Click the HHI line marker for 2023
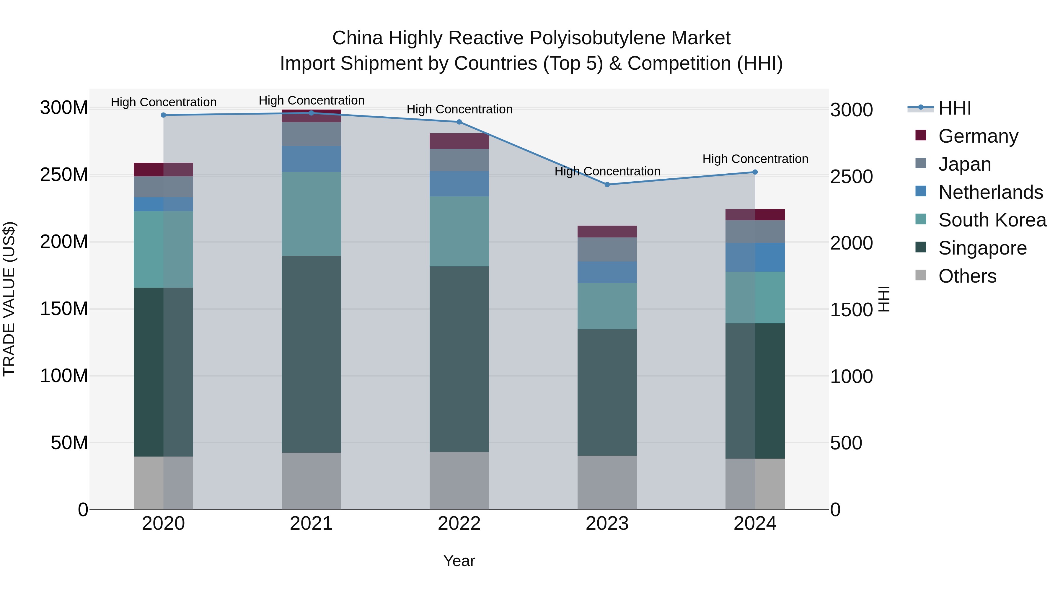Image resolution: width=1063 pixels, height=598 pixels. click(607, 185)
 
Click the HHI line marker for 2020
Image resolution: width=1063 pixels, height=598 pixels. click(163, 115)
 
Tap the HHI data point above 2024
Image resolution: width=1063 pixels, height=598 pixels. click(755, 172)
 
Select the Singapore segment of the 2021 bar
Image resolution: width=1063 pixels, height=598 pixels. click(311, 354)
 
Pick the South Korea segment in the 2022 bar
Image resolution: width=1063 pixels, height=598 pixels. click(459, 231)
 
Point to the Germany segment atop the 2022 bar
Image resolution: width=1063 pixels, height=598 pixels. click(459, 141)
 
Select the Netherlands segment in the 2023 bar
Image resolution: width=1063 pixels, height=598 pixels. click(607, 272)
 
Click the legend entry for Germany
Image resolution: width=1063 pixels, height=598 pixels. click(978, 136)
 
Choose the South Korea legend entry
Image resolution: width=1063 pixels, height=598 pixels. click(992, 220)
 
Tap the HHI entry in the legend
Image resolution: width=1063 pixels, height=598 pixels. click(954, 108)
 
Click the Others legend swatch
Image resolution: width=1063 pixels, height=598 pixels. click(921, 275)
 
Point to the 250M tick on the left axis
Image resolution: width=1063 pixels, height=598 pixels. click(64, 175)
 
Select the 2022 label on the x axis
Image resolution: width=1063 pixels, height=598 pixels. click(459, 524)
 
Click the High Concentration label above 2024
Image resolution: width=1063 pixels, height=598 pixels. click(755, 159)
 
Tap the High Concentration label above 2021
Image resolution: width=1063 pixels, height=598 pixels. click(311, 100)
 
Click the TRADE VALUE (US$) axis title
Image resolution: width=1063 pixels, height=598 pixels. click(9, 299)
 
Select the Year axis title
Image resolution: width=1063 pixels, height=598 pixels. click(459, 561)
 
